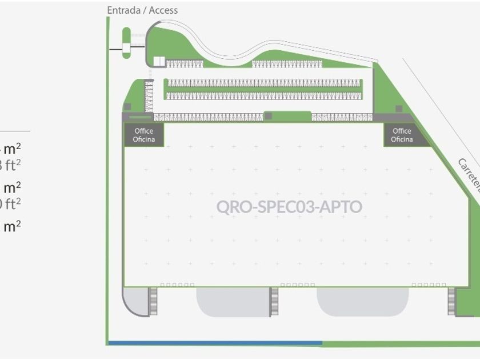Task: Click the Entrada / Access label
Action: coord(142,10)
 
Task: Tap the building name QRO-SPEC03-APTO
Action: coord(289,206)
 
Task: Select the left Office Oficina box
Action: coord(144,135)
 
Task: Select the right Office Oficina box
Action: coord(402,135)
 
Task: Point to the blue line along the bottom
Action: coord(215,343)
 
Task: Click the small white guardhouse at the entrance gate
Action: coord(126,50)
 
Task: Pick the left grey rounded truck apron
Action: coord(233,302)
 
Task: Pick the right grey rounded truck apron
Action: coord(362,301)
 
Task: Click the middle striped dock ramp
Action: coord(274,301)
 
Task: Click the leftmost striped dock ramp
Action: coord(153,301)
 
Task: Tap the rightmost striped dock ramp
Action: coord(451,301)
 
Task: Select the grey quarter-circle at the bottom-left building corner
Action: coord(135,301)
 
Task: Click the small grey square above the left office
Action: coord(127,106)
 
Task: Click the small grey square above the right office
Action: coord(399,109)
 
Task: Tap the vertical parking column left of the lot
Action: coord(149,96)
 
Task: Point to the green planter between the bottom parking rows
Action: coord(287,116)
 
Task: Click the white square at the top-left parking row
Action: coord(159,61)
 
